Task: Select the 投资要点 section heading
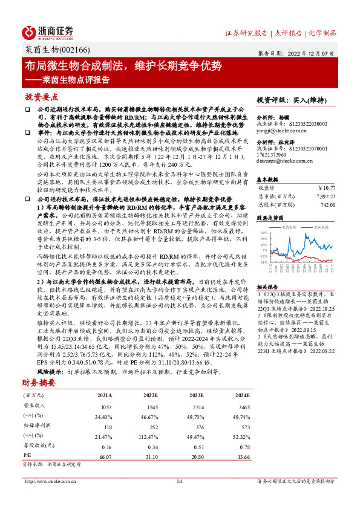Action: [42, 97]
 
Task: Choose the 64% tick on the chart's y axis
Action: [264, 232]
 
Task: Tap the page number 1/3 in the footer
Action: [179, 481]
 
